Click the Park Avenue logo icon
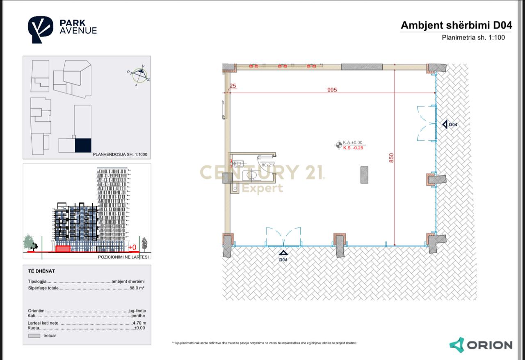click(x=40, y=29)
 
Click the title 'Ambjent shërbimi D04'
click(x=456, y=25)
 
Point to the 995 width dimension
click(x=332, y=89)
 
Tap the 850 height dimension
click(x=391, y=158)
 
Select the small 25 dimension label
click(x=233, y=86)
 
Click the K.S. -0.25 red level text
click(x=353, y=148)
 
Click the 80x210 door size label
click(x=268, y=165)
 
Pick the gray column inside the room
click(x=364, y=174)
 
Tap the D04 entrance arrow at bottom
click(x=283, y=254)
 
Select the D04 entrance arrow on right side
click(x=445, y=124)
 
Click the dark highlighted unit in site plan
click(x=83, y=145)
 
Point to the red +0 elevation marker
click(x=132, y=247)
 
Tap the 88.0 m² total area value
click(x=137, y=288)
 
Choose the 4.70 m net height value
click(x=139, y=323)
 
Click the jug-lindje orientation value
click(x=138, y=311)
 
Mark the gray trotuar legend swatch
click(x=35, y=336)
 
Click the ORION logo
click(x=481, y=345)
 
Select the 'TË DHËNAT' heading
click(x=41, y=271)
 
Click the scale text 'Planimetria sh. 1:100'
click(x=473, y=38)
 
